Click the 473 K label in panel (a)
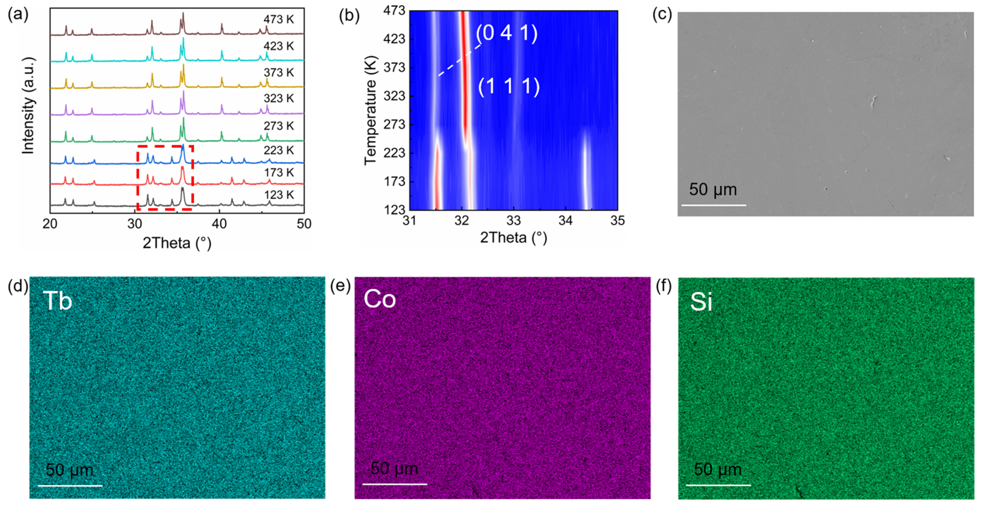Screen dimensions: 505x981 click(278, 19)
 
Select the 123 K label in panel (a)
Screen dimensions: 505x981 click(278, 195)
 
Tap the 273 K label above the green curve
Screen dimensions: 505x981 click(278, 126)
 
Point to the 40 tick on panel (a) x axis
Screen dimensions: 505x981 click(219, 224)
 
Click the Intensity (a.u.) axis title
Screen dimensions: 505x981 click(29, 106)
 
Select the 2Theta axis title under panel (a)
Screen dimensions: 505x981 click(177, 243)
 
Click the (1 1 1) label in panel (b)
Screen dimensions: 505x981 click(509, 87)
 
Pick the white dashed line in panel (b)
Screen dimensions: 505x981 click(459, 60)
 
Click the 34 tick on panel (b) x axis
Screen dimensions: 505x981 click(566, 220)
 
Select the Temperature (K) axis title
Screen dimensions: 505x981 click(370, 110)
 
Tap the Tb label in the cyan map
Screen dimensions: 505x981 click(57, 301)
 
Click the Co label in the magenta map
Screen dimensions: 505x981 click(379, 299)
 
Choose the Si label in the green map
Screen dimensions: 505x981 click(701, 302)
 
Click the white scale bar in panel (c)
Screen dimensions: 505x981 click(713, 205)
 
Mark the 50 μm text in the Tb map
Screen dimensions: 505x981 click(69, 470)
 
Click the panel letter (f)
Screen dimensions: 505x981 click(663, 286)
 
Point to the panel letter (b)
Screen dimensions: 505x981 click(349, 16)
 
